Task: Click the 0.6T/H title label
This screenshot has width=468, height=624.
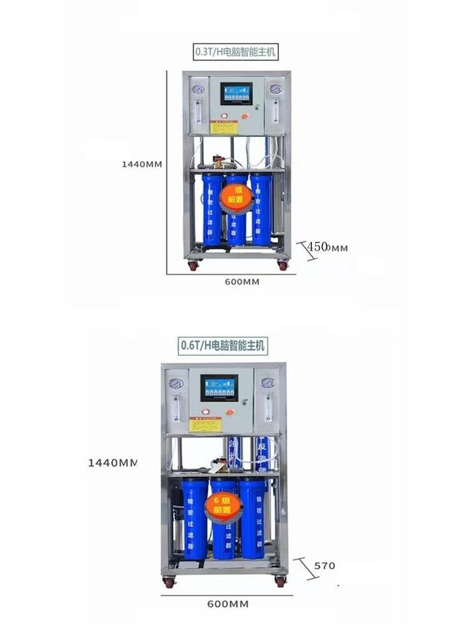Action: pyautogui.click(x=222, y=345)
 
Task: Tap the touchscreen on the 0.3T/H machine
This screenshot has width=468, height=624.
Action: pyautogui.click(x=236, y=94)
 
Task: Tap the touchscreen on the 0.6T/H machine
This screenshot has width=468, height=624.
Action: pyautogui.click(x=218, y=387)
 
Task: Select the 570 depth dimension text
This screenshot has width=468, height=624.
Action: pyautogui.click(x=324, y=565)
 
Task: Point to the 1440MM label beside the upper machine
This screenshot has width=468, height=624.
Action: pyautogui.click(x=142, y=164)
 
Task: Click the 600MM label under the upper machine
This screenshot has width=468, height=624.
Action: pyautogui.click(x=242, y=281)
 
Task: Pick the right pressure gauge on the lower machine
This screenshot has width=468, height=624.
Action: pyautogui.click(x=268, y=383)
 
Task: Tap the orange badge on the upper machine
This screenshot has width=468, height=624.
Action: pyautogui.click(x=233, y=198)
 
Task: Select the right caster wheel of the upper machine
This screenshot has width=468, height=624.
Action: pyautogui.click(x=282, y=265)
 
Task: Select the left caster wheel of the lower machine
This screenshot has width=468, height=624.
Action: pyautogui.click(x=170, y=582)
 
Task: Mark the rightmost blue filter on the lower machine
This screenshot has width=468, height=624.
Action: pyautogui.click(x=253, y=517)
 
